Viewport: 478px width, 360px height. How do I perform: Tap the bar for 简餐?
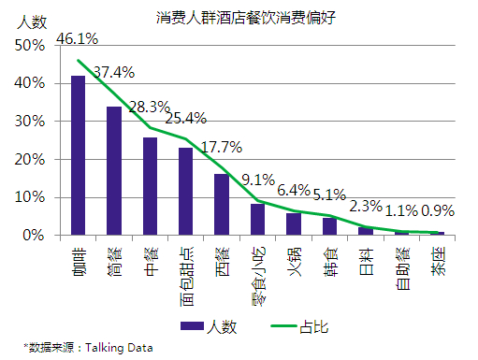113,171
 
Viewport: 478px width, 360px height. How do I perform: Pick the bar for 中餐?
150,186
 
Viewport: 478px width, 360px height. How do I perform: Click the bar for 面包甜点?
185,192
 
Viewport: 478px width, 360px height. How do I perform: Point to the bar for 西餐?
222,205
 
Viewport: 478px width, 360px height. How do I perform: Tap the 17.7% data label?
222,147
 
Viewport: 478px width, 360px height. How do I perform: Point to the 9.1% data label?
257,180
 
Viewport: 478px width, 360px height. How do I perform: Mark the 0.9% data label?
438,211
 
